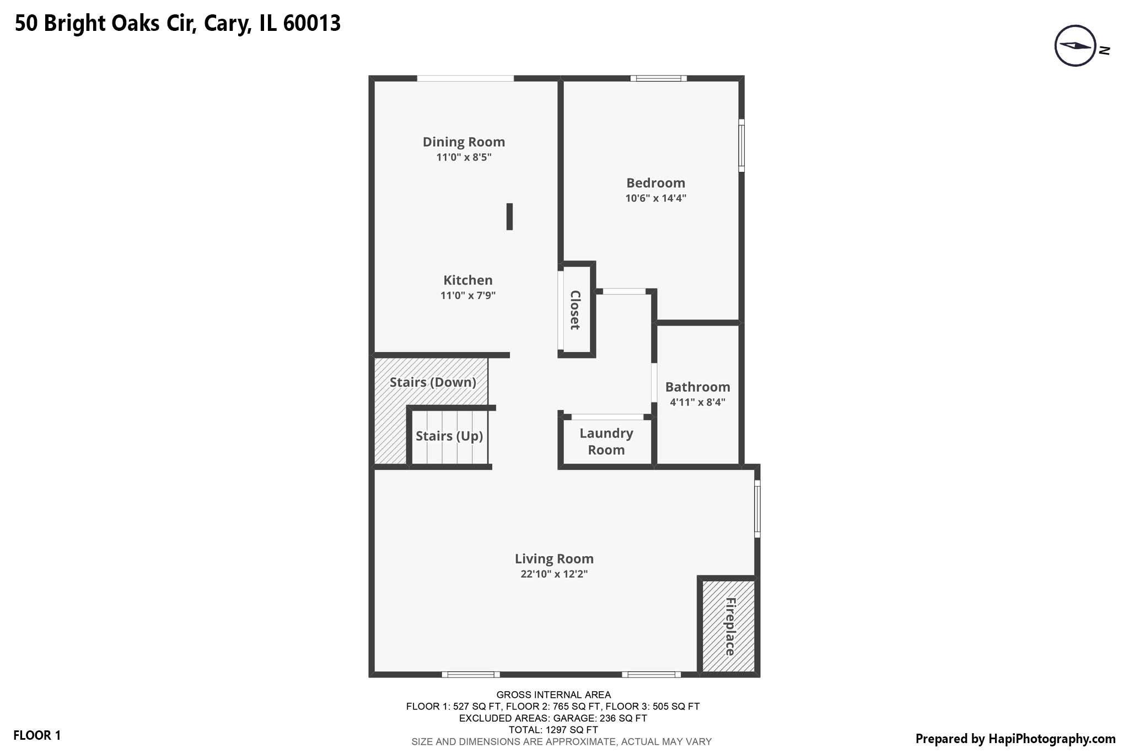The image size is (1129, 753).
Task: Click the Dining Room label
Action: (464, 142)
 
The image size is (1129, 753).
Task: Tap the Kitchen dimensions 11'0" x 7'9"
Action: (467, 296)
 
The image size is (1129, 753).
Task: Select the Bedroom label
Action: (655, 183)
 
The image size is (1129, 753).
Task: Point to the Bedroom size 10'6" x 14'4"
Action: (655, 198)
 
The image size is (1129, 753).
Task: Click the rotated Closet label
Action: (575, 310)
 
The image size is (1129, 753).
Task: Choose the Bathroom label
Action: (697, 387)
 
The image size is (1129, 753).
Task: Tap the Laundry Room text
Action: (606, 441)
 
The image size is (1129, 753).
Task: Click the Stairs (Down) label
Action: (433, 382)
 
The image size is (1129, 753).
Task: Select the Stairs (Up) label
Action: (449, 436)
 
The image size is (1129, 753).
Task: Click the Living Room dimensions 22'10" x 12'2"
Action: (554, 574)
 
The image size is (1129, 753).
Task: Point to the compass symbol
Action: (1075, 46)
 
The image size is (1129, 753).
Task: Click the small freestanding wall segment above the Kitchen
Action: (509, 216)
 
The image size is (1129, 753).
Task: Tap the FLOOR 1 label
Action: (37, 735)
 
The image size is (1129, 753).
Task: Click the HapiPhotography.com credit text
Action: (1015, 739)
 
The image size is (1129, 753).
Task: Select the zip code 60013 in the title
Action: (311, 23)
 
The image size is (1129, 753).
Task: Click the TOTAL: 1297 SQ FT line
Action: (553, 730)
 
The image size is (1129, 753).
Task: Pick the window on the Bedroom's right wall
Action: (741, 146)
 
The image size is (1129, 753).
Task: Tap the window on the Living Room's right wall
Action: (757, 509)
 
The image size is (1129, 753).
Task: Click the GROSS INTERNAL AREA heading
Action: (553, 695)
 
